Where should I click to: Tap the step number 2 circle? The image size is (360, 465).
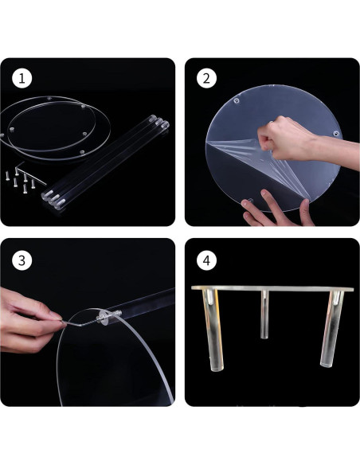tap(206, 79)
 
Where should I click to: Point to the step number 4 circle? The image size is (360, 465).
tap(206, 260)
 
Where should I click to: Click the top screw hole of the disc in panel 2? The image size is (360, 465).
tap(237, 101)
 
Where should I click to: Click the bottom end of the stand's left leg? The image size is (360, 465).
tap(208, 369)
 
